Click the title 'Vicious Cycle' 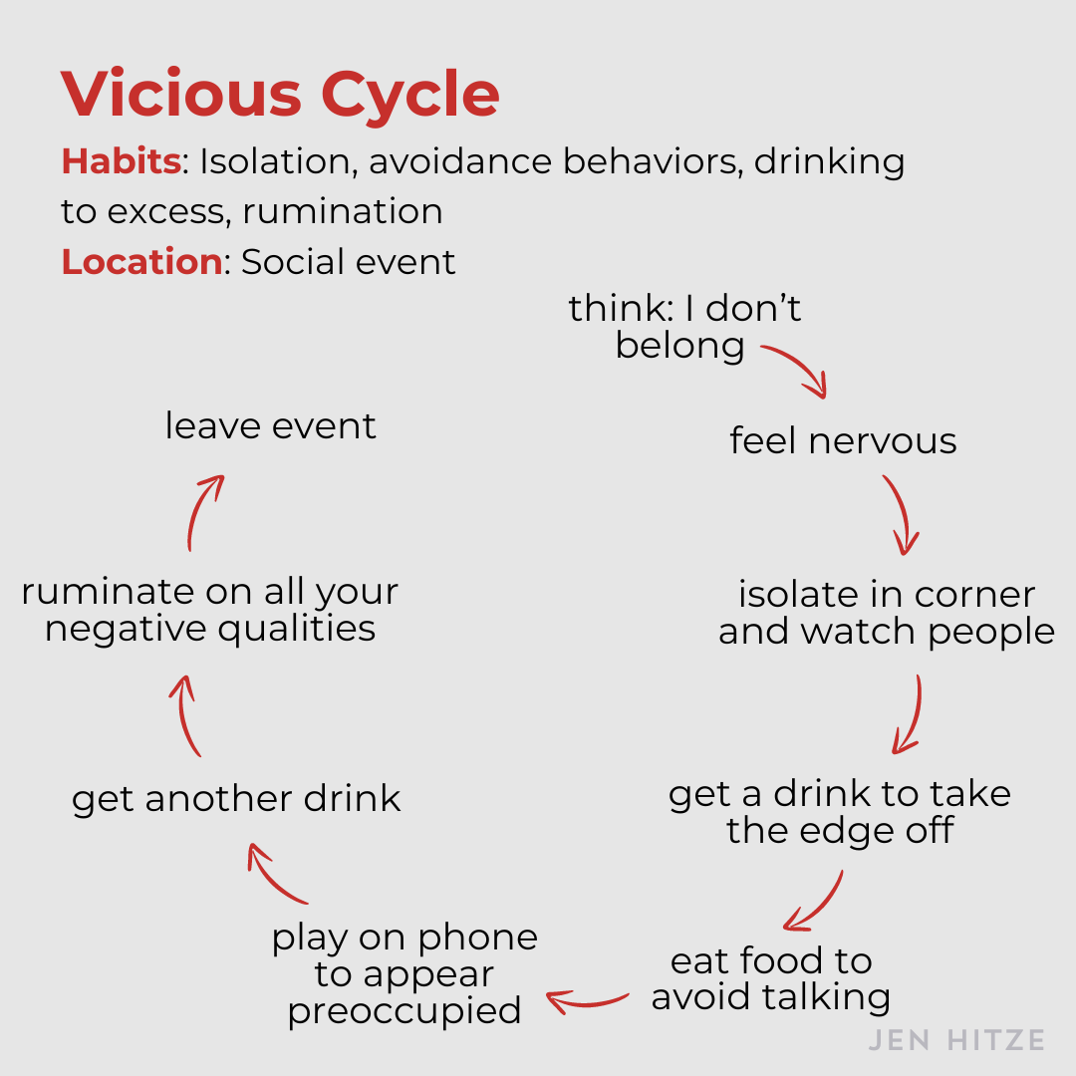[x=280, y=95]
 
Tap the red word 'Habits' [x=121, y=161]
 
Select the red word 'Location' [x=140, y=261]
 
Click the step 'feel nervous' [x=843, y=440]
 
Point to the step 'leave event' [x=270, y=425]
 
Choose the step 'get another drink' [x=236, y=798]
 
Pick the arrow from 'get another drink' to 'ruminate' [x=188, y=714]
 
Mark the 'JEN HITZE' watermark [x=955, y=1041]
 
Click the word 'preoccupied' [x=404, y=1010]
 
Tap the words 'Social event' [x=349, y=261]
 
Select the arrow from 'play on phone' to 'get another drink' [x=278, y=874]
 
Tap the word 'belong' [x=679, y=345]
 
